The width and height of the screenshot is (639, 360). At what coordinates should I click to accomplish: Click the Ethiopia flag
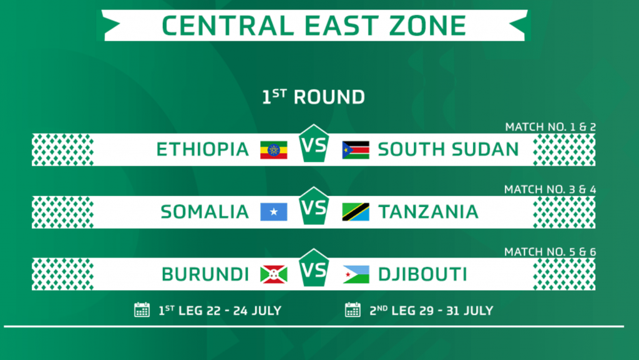[274, 150]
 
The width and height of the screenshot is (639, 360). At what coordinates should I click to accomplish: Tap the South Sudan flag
[356, 150]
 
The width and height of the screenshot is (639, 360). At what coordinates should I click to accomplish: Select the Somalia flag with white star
[274, 212]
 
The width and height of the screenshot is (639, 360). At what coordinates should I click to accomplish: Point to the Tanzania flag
[356, 212]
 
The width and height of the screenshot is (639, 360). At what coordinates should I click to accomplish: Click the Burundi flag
[274, 275]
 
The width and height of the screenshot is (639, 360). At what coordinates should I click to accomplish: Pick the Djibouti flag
[356, 275]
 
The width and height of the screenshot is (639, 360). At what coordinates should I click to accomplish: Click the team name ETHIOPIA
[203, 150]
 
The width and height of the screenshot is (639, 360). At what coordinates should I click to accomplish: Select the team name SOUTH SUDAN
[448, 150]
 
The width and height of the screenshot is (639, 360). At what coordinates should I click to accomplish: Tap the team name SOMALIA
[205, 212]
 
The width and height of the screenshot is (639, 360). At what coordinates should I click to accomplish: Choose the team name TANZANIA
[428, 212]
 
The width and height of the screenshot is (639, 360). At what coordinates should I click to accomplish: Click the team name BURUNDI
[205, 274]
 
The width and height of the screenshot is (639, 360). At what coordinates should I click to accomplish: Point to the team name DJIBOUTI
[422, 274]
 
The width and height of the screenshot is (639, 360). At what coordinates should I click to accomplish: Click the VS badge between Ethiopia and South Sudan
[314, 144]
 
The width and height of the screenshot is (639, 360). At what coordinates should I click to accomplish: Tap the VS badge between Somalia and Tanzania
[314, 207]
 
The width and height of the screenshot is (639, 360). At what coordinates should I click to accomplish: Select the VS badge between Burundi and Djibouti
[314, 269]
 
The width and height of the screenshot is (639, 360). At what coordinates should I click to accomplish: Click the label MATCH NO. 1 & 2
[550, 127]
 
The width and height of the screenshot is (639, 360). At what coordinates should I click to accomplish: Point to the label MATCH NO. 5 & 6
[550, 252]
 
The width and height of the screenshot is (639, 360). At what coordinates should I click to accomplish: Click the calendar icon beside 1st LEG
[142, 310]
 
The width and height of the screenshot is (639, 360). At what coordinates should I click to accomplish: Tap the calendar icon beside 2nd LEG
[353, 310]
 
